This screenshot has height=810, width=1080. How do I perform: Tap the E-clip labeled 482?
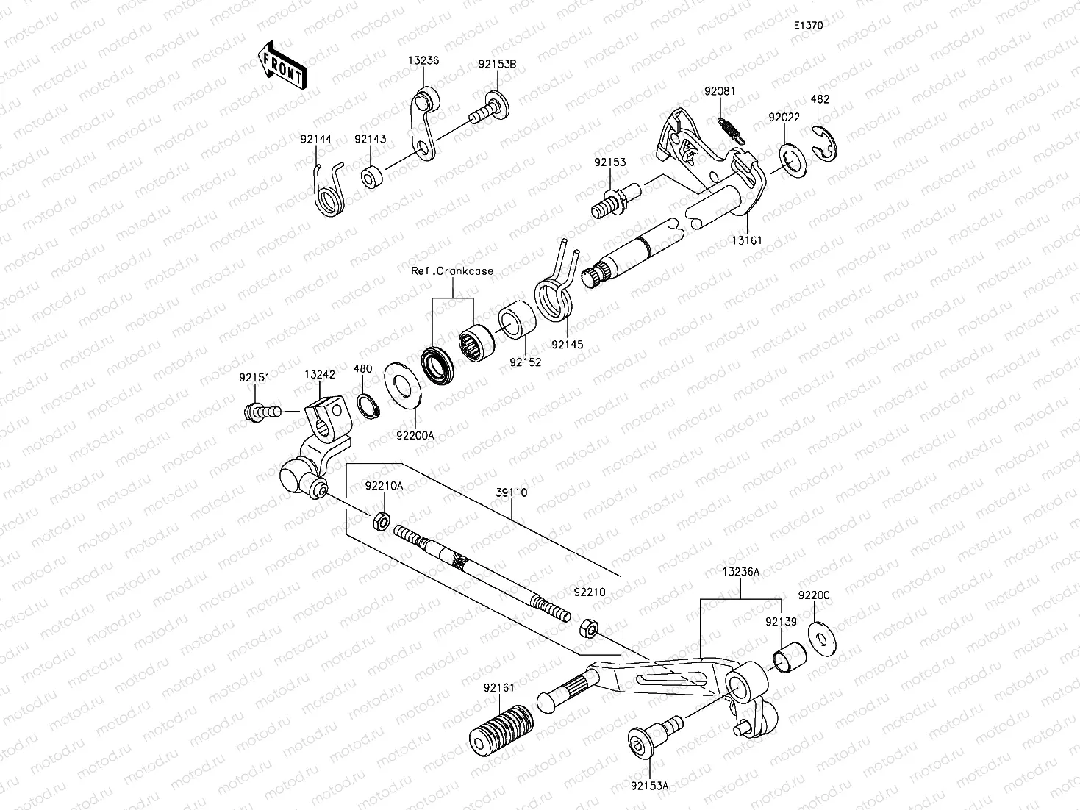tap(827, 141)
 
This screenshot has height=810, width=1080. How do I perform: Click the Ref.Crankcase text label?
tap(451, 271)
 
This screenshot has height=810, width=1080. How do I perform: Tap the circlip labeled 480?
tap(368, 404)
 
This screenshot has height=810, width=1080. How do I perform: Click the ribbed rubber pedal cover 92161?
tap(501, 729)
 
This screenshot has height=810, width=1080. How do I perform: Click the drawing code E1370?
tap(807, 25)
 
